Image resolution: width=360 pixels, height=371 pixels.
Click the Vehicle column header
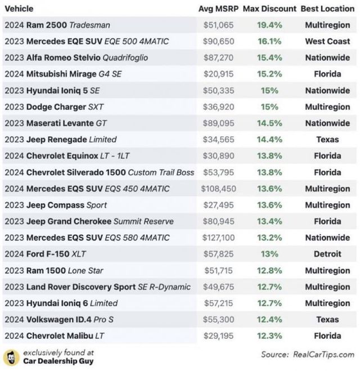click(19, 9)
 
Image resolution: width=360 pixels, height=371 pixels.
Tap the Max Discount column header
click(270, 9)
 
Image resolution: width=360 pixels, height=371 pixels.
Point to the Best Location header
click(327, 9)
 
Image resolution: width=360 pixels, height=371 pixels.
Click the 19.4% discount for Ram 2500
click(270, 25)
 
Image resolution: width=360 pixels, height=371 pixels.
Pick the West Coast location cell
click(327, 42)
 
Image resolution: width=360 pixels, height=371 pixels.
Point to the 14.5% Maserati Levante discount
click(270, 123)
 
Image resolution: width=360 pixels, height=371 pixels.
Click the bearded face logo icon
click(11, 357)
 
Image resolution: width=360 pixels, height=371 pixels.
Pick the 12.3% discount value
click(270, 336)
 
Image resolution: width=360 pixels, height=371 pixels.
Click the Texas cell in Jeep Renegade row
click(327, 140)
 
